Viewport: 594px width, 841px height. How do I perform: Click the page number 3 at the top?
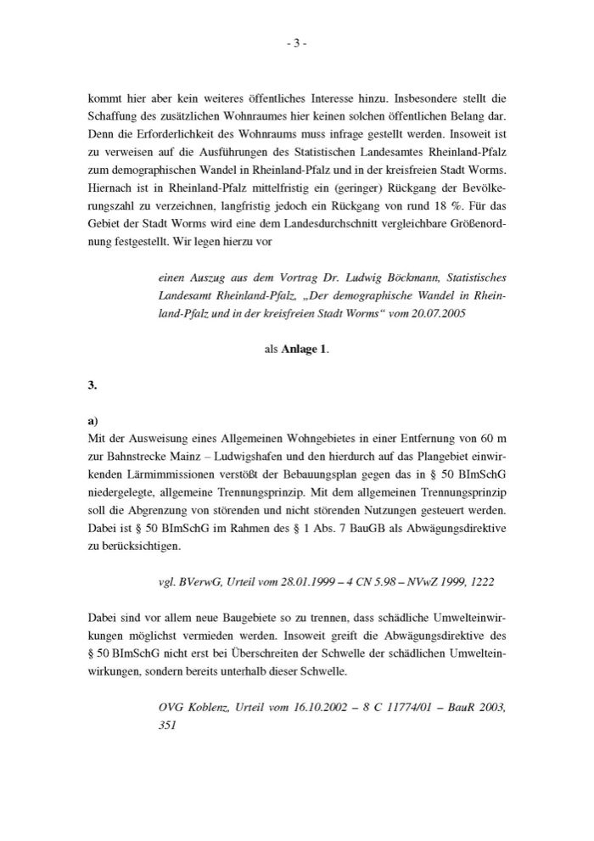coord(296,44)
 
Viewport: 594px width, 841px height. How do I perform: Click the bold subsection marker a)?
coord(92,419)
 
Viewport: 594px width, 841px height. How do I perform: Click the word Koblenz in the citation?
coord(208,707)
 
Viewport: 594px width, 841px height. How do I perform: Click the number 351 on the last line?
coord(168,726)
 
